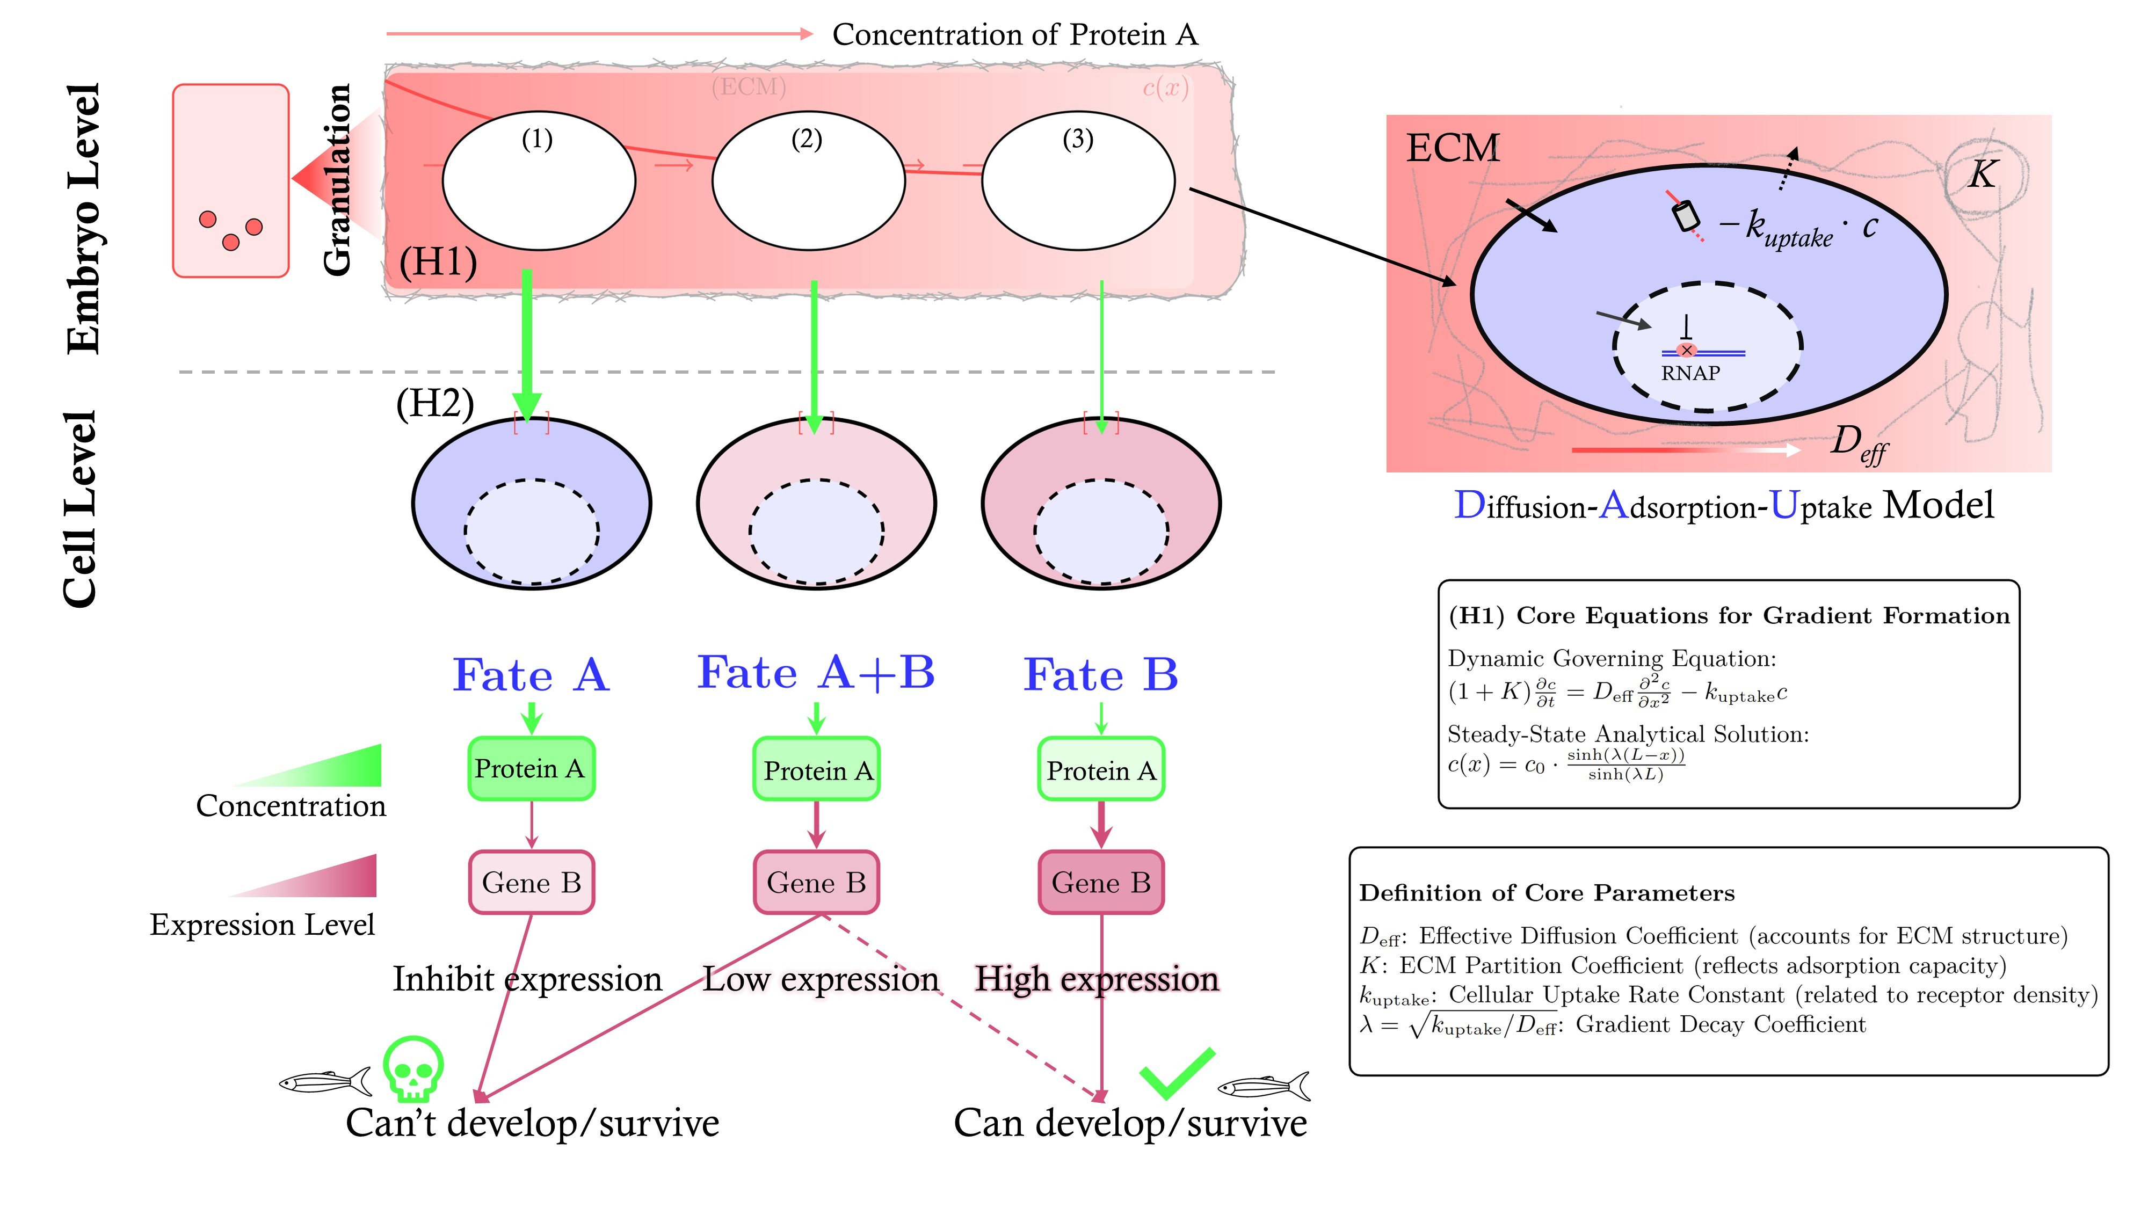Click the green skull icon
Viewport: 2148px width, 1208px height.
[x=413, y=1069]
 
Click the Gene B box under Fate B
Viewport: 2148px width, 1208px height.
[x=1101, y=882]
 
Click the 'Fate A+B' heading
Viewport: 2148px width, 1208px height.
[x=816, y=673]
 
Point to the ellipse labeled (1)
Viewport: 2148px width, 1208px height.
[x=539, y=181]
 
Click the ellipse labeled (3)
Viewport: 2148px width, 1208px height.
[x=1078, y=181]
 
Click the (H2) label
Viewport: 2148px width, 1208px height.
[x=434, y=404]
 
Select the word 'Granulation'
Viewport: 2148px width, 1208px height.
[x=337, y=179]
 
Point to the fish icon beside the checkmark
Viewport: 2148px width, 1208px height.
[x=1263, y=1086]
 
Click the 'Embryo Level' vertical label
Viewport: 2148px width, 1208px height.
[x=83, y=219]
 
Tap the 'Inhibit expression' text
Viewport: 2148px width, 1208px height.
[x=527, y=979]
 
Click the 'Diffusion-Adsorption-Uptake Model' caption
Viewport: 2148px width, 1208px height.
[x=1724, y=505]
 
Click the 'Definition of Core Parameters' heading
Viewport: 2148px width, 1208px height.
[x=1547, y=893]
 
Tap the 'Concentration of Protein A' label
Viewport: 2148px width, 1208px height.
[x=1015, y=34]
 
